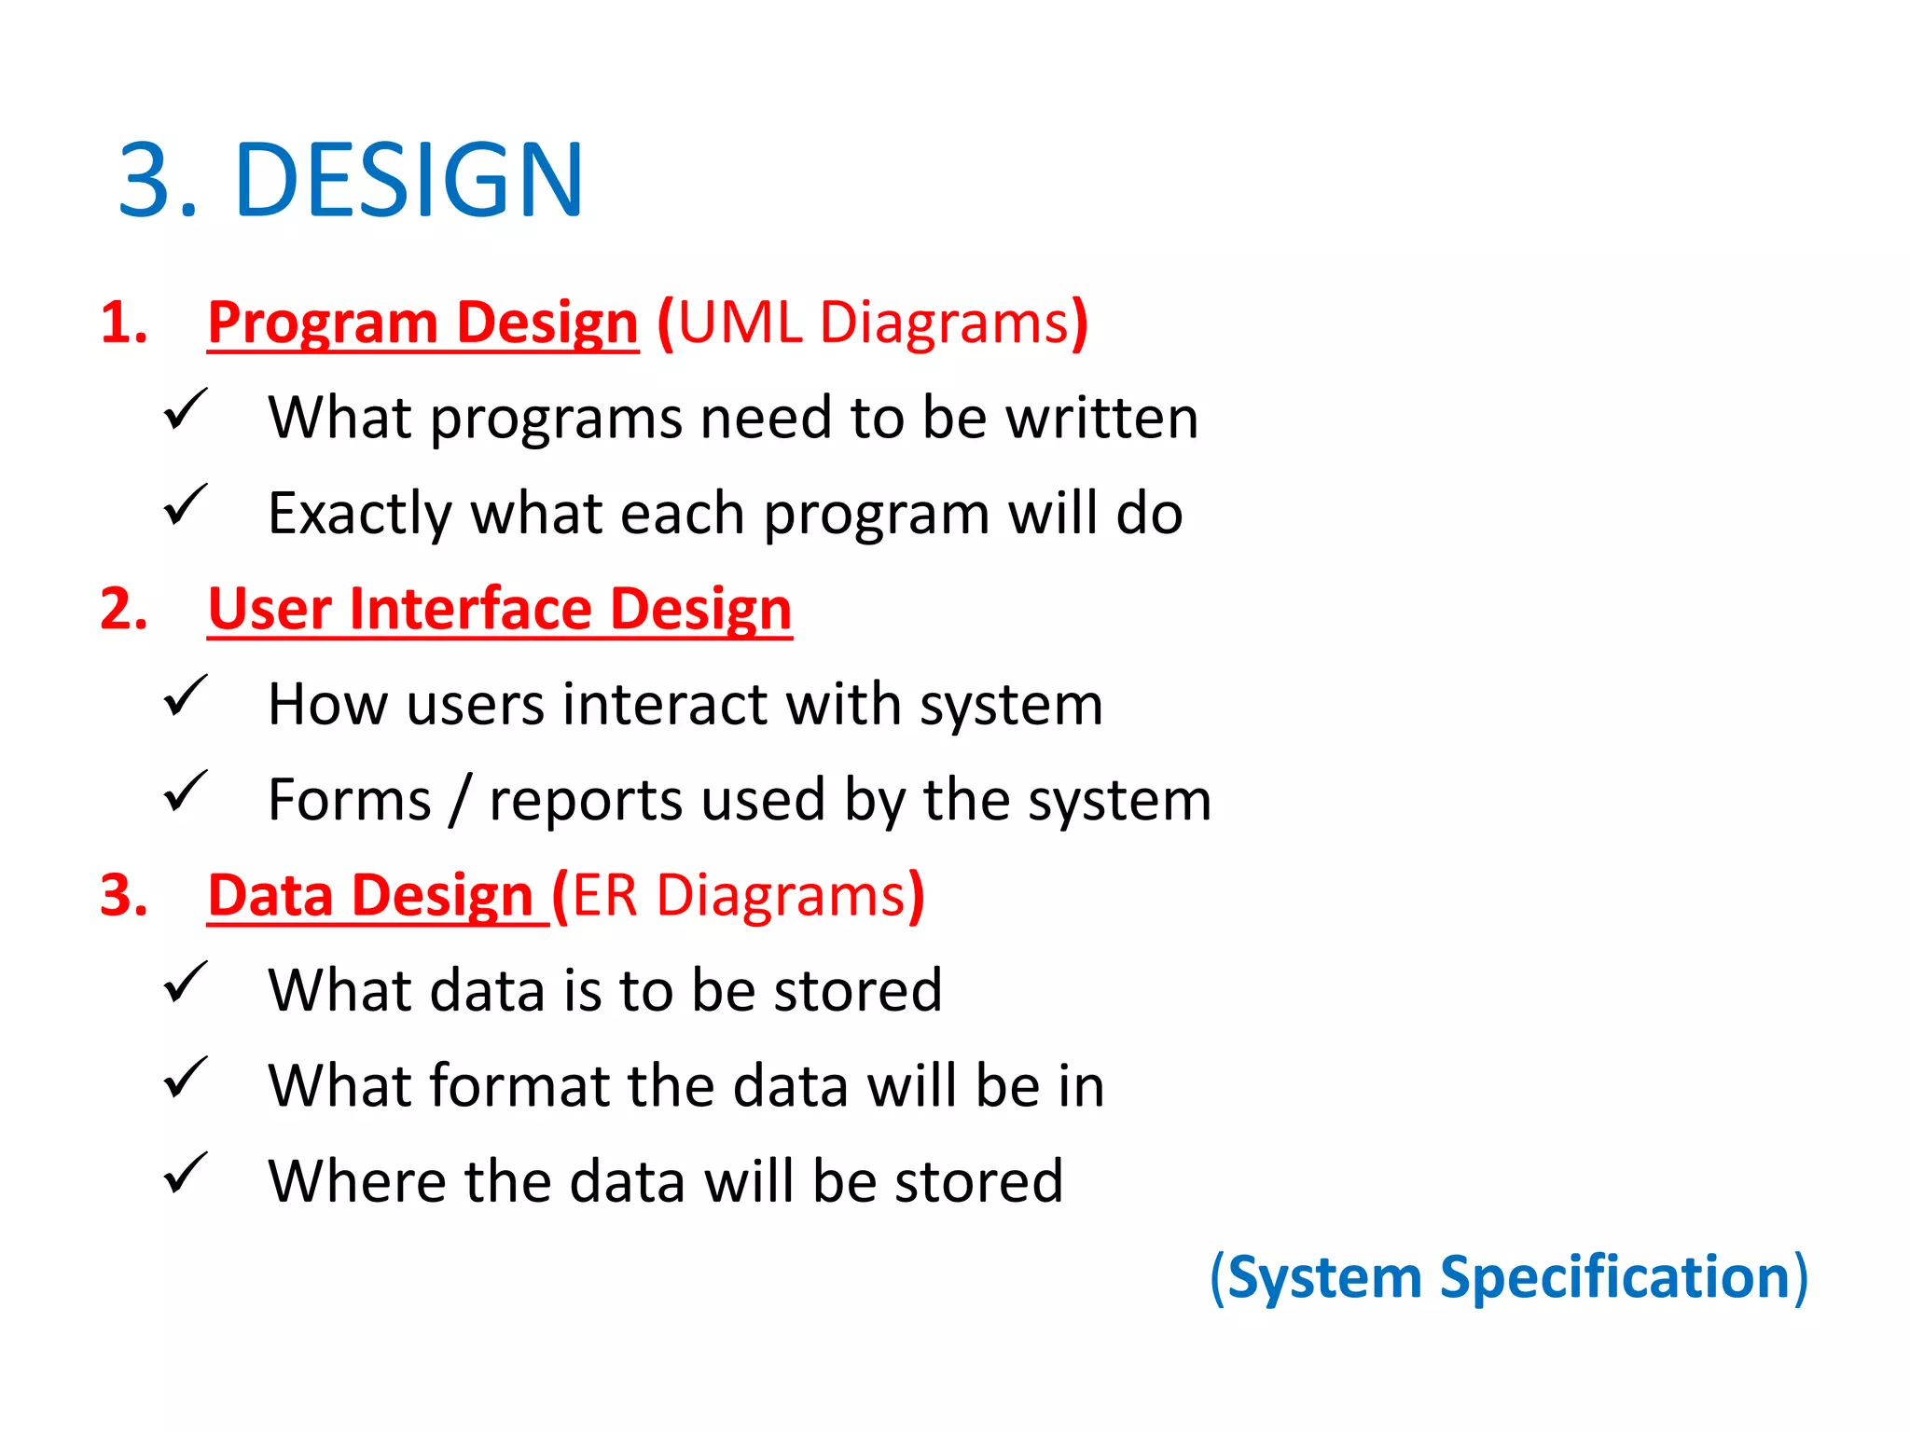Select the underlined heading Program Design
tap(422, 323)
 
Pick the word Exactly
tap(360, 514)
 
